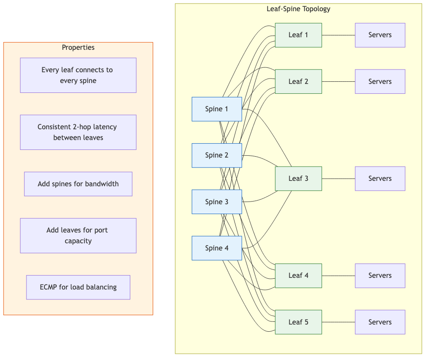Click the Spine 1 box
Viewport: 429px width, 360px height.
(x=217, y=109)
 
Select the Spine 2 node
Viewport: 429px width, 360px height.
(x=217, y=155)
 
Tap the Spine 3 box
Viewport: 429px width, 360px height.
(x=217, y=202)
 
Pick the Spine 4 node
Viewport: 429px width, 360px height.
(x=217, y=248)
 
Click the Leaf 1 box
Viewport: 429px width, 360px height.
(x=298, y=35)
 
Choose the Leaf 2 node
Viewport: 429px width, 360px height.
(x=298, y=81)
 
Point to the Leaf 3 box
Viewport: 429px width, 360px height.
(x=298, y=178)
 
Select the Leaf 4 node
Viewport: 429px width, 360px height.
(x=298, y=275)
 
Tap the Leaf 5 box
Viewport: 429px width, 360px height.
(x=298, y=322)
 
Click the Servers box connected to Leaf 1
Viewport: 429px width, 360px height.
(x=380, y=35)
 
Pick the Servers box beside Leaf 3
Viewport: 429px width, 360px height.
(x=380, y=178)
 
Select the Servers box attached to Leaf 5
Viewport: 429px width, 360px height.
(x=380, y=322)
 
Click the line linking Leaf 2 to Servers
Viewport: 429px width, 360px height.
(x=338, y=81)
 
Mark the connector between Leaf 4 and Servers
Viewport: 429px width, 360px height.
(x=338, y=275)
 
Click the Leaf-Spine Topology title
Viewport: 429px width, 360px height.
(x=298, y=9)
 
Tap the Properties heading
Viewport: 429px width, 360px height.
(x=78, y=48)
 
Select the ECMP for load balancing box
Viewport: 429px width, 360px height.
(x=78, y=287)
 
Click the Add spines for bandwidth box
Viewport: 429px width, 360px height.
(x=78, y=184)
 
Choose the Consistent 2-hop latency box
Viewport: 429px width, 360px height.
(x=78, y=132)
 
